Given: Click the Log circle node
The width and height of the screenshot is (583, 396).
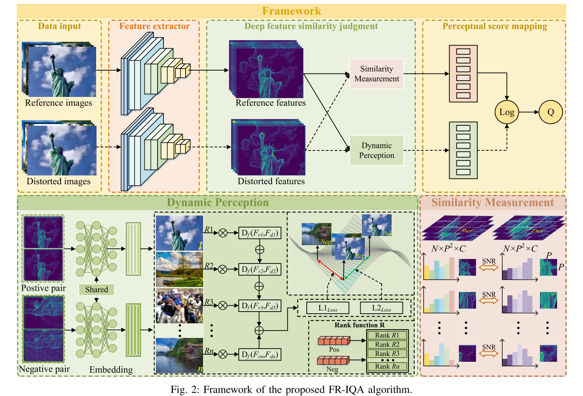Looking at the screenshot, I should coord(507,112).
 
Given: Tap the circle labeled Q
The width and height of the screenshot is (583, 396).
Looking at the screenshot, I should coord(550,112).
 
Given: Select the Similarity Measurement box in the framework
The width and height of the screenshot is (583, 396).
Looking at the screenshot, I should coord(377,74).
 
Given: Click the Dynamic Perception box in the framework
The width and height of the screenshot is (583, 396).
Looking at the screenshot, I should coord(377,150).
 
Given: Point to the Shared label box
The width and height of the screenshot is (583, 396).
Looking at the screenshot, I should coord(97,289).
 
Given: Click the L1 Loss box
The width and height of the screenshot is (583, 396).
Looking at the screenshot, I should coord(328,308).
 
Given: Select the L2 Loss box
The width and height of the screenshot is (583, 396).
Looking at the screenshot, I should coord(381,308).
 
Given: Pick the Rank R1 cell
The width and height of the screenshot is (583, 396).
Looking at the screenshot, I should coord(387,335).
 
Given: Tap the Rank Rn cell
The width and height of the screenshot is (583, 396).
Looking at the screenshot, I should coord(387,366).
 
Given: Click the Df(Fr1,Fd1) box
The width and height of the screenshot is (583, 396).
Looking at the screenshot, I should coord(259,233).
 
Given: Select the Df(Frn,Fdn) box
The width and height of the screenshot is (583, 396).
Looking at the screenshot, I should coord(259,355).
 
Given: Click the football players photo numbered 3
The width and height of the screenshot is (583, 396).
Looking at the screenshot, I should coord(179,306).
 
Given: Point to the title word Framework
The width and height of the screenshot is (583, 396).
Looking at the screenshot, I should coord(291,11).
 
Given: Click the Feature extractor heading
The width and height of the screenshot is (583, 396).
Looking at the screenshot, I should coord(154,26).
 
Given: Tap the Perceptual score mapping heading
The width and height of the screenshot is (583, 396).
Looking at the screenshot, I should coord(494,26).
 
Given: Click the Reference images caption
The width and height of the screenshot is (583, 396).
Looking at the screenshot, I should coord(59,103).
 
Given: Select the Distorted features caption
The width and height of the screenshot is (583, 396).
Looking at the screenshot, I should coord(271,181).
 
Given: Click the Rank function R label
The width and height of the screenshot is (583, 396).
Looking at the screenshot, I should coord(359,325).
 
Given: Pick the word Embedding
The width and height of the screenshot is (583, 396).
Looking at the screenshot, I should coord(111,370).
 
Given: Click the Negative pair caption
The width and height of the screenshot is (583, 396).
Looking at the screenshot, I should coord(44,369).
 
